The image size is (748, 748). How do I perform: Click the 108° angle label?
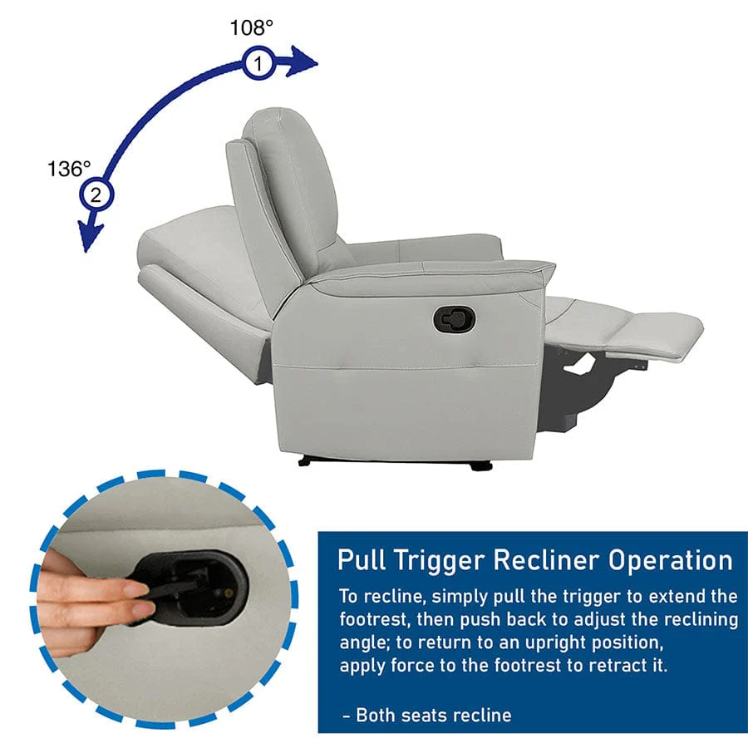[251, 27]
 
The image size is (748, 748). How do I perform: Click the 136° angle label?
[69, 169]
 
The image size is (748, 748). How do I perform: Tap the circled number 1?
[259, 63]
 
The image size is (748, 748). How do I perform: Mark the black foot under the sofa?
[480, 465]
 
